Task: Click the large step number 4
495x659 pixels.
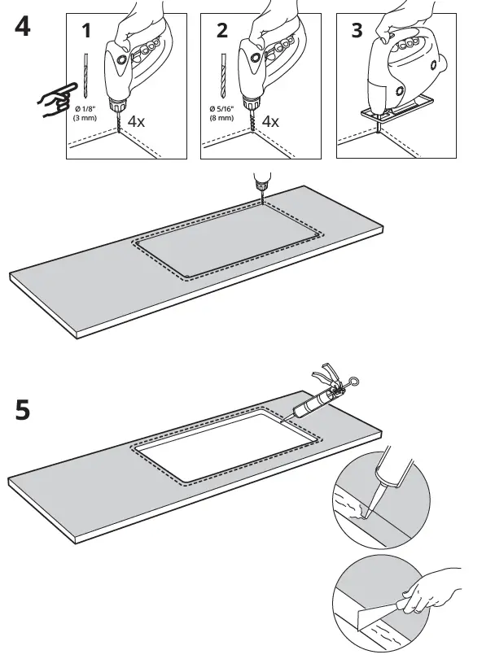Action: [x=22, y=26]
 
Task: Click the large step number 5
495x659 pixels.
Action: [x=22, y=409]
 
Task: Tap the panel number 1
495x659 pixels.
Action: [x=86, y=32]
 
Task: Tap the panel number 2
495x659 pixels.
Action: [x=222, y=32]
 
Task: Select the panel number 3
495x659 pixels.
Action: [x=357, y=32]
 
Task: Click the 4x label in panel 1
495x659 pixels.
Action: [x=135, y=121]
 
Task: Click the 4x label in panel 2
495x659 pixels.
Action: [x=270, y=121]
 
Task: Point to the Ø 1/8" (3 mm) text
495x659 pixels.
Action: [x=85, y=114]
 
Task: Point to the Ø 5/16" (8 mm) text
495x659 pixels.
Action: [x=221, y=114]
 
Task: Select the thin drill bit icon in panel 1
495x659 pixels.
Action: [x=85, y=76]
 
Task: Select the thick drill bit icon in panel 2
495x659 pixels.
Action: [x=221, y=76]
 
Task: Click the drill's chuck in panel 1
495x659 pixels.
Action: [x=119, y=107]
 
